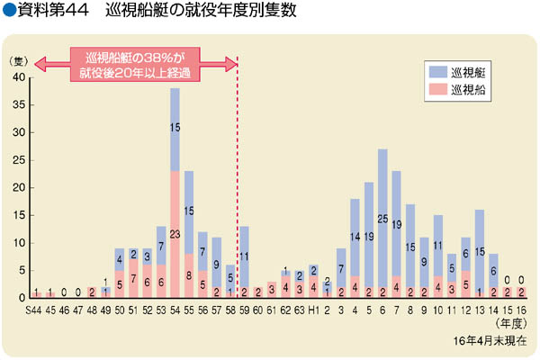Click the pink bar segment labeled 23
coord(175,234)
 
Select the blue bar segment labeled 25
coord(382,218)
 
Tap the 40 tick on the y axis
coord(21,77)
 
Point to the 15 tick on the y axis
coord(21,215)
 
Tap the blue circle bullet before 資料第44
coord(10,13)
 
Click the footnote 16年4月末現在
coord(494,344)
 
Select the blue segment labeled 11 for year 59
coord(244,256)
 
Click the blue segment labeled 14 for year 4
coord(355,237)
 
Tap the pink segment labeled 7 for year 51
coord(133,278)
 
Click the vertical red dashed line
coord(237,180)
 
